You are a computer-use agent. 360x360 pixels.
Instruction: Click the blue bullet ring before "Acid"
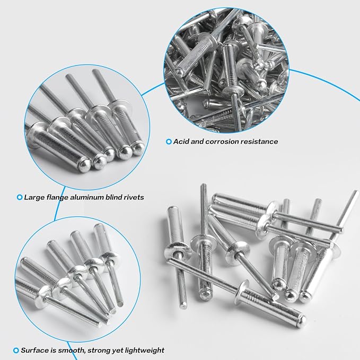click(169, 142)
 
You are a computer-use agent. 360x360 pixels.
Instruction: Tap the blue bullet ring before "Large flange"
click(20, 197)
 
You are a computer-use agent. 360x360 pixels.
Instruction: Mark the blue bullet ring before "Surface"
click(16, 350)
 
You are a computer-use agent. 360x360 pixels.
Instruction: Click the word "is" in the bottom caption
click(53, 350)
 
